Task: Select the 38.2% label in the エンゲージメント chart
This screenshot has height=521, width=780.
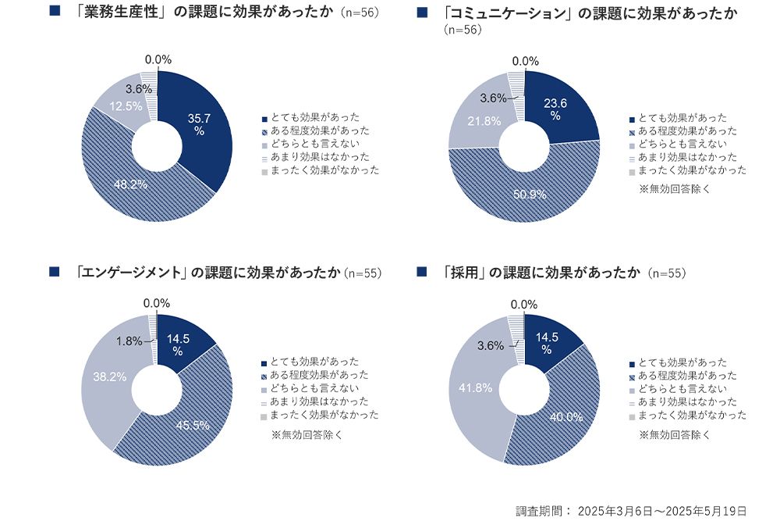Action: [x=110, y=376]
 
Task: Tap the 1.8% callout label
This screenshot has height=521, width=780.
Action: [x=129, y=341]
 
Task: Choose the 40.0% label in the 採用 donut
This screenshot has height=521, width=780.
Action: [x=565, y=416]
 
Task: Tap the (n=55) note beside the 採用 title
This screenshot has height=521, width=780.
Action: [x=666, y=273]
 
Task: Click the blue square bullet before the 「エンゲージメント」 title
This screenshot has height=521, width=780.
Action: [x=54, y=272]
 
